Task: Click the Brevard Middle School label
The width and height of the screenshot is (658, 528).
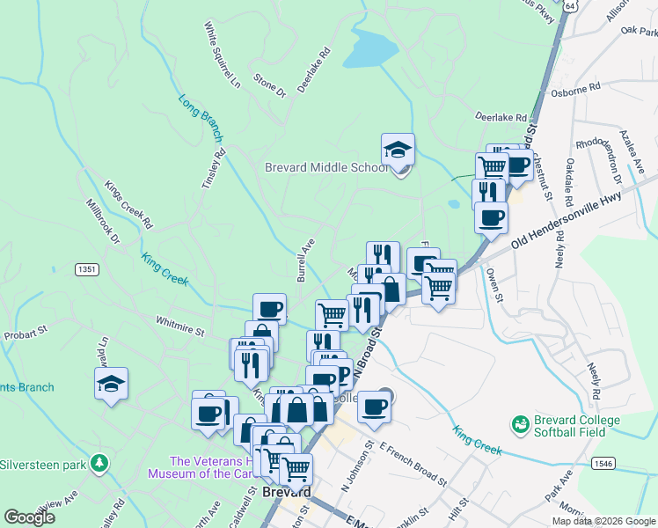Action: pos(325,167)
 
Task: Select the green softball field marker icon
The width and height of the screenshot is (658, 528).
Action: pos(521,424)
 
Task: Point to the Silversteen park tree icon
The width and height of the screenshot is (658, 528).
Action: pos(101,463)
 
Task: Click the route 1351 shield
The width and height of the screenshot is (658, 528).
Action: pos(87,269)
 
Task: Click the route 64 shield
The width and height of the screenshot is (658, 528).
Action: pos(571,5)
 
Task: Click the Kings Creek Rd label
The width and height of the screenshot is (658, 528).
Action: pos(128,206)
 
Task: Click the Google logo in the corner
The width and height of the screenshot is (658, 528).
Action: pos(28,517)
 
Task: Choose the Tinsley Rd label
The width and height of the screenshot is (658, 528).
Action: pos(214,166)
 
